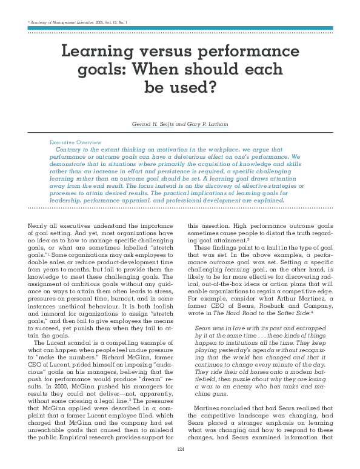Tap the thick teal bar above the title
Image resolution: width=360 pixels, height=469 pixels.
click(180, 28)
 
